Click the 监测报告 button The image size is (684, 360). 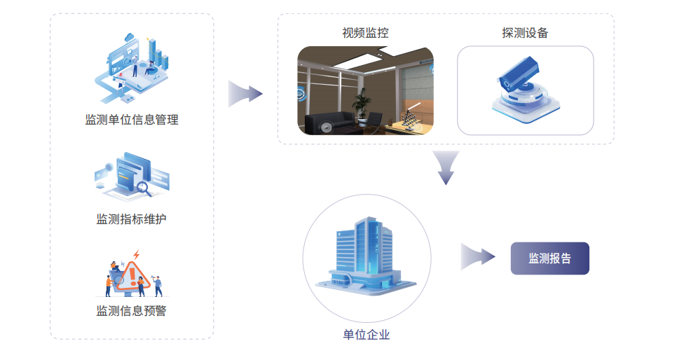[549, 258]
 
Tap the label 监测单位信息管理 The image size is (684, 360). [132, 120]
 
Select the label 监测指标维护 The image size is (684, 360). [132, 219]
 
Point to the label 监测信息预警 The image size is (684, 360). [132, 310]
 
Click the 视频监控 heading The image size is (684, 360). [365, 33]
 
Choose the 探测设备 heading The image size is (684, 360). [525, 33]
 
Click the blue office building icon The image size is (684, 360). [365, 256]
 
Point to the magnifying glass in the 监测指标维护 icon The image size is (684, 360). [145, 188]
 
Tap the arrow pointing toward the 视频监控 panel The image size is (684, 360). [245, 93]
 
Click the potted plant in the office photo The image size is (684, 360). [362, 104]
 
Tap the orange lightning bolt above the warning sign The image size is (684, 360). [137, 255]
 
